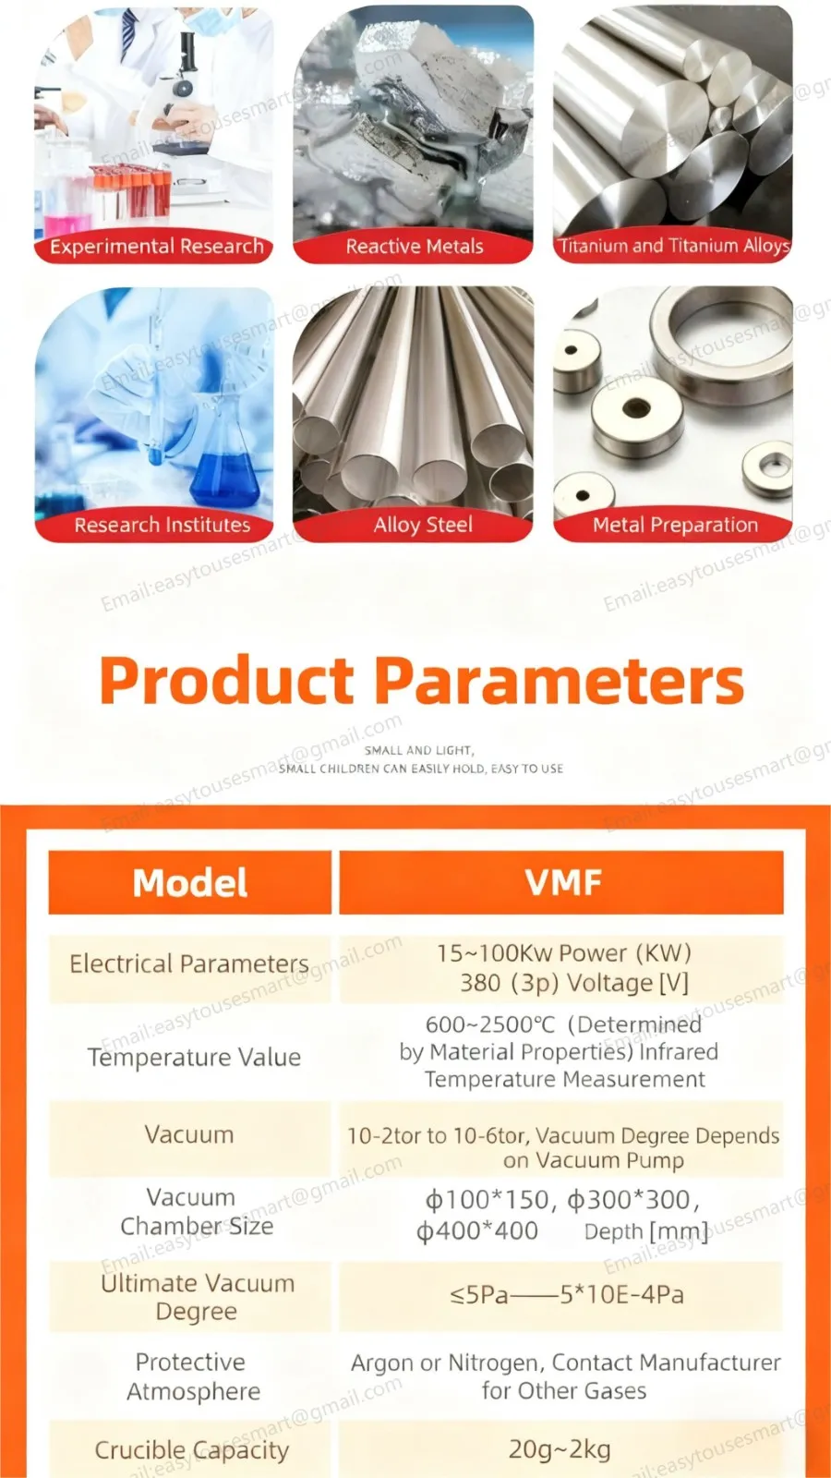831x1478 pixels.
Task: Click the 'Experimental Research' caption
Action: [156, 247]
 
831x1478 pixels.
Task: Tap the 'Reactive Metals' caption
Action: [415, 247]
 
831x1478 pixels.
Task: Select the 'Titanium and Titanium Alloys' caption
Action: [674, 246]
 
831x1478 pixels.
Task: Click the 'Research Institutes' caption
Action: [163, 525]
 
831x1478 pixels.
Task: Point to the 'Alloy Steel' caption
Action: [423, 525]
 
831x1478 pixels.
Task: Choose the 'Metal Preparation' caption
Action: [675, 525]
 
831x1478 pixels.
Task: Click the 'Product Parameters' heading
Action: [421, 681]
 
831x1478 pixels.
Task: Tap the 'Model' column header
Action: [190, 883]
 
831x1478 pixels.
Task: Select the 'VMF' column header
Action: [562, 883]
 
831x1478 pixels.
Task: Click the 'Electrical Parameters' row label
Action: [189, 964]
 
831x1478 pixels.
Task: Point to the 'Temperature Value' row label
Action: [194, 1058]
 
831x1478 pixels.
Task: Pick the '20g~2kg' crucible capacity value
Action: [560, 1449]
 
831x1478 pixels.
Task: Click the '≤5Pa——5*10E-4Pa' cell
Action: [566, 1295]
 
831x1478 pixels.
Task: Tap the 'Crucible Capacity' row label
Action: [191, 1450]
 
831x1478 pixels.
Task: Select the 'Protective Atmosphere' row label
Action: [193, 1376]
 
